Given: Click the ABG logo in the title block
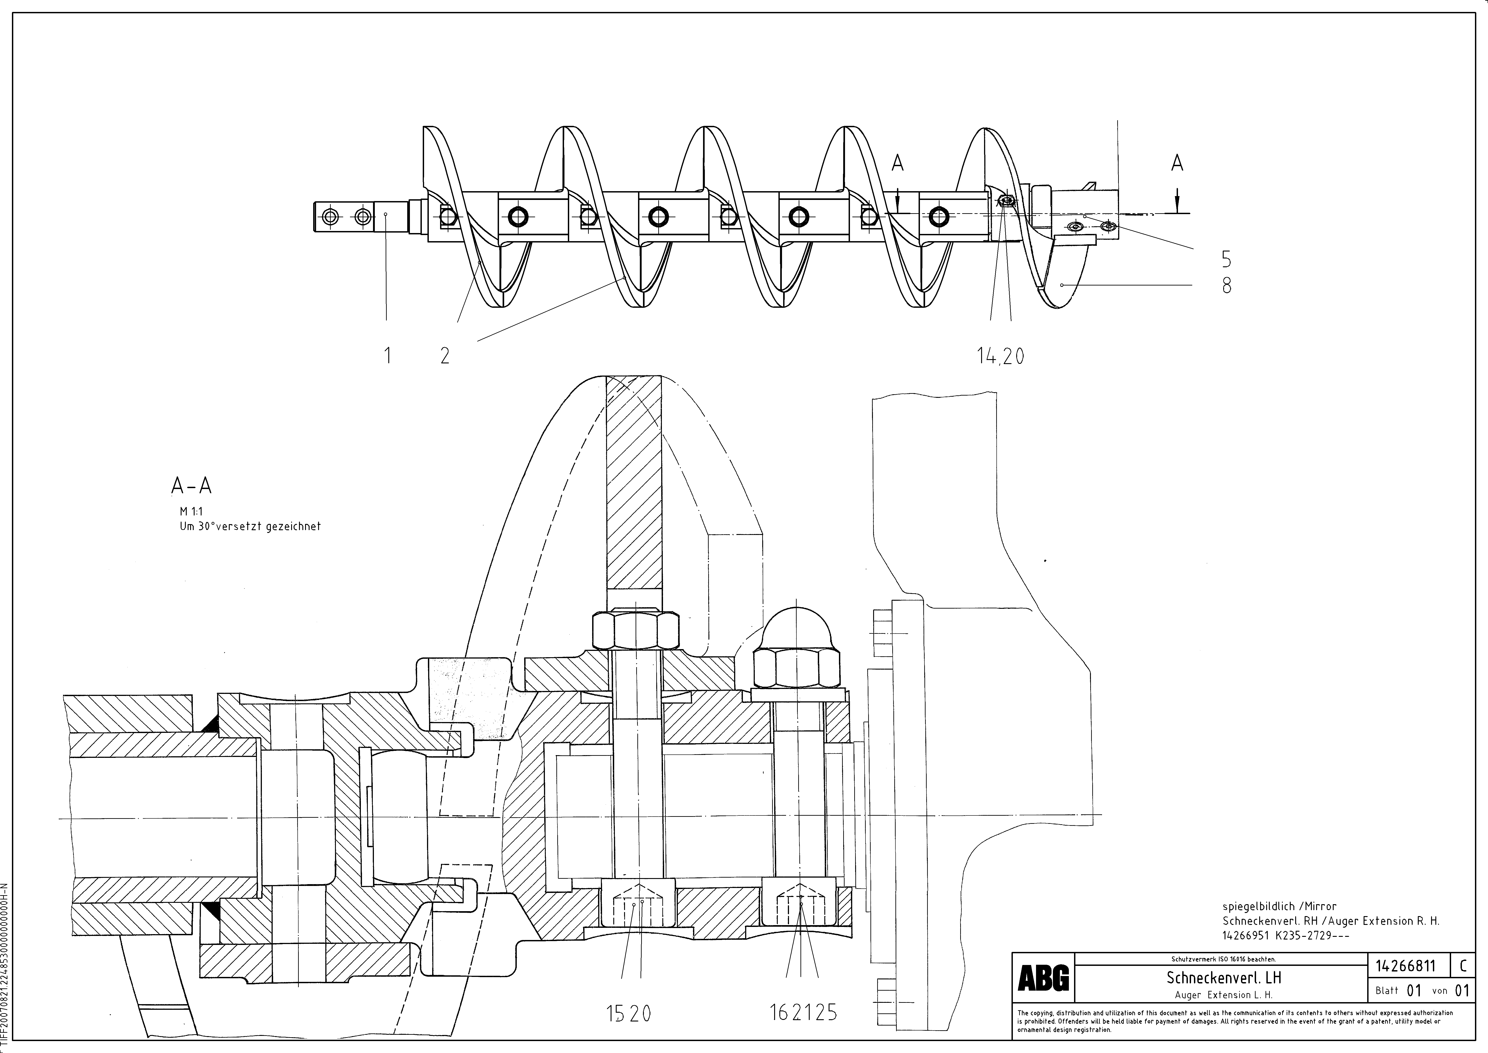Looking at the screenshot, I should tap(1043, 978).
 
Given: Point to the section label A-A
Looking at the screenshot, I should tap(191, 486).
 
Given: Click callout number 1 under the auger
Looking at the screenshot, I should tap(388, 355).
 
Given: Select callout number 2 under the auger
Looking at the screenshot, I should tap(445, 355).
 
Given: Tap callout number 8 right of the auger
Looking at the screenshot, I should tap(1226, 285).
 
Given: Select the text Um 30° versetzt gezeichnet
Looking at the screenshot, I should tap(250, 526).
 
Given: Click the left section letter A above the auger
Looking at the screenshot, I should tap(898, 163).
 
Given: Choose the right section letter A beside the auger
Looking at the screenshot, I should tap(1177, 163).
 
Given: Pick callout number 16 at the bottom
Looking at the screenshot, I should tap(780, 1013).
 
